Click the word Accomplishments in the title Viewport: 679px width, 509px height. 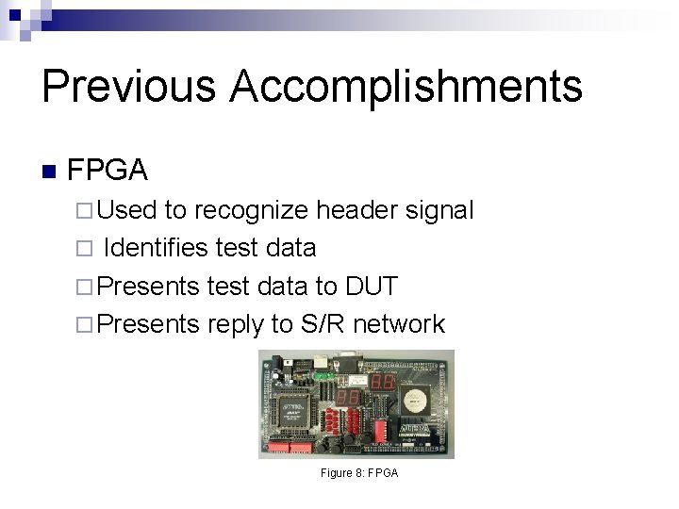pyautogui.click(x=406, y=87)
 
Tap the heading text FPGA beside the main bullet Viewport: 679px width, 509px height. pyautogui.click(x=108, y=171)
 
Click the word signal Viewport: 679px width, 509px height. pyautogui.click(x=436, y=211)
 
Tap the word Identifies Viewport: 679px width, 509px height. pyautogui.click(x=155, y=248)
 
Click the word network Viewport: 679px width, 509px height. pyautogui.click(x=399, y=323)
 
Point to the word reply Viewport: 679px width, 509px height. pyautogui.click(x=236, y=324)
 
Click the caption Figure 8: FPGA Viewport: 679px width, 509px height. pyautogui.click(x=358, y=472)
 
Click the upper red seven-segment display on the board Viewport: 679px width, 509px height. pyautogui.click(x=381, y=381)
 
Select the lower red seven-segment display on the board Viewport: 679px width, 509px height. pyautogui.click(x=347, y=397)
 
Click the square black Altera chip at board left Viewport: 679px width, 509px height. pyautogui.click(x=292, y=408)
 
